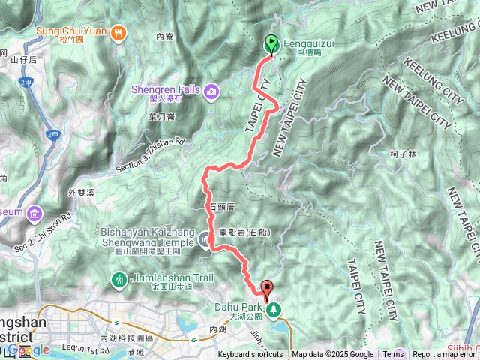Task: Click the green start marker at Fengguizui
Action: [x=270, y=44]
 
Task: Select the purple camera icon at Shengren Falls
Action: [x=212, y=91]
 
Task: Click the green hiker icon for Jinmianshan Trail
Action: [x=118, y=280]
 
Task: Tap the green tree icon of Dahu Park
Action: [x=274, y=307]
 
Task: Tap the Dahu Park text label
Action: [x=238, y=307]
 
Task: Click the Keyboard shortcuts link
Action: [x=250, y=355]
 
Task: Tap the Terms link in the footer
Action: [x=393, y=355]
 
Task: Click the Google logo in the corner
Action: [x=28, y=349]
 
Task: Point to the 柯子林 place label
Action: [x=403, y=154]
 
